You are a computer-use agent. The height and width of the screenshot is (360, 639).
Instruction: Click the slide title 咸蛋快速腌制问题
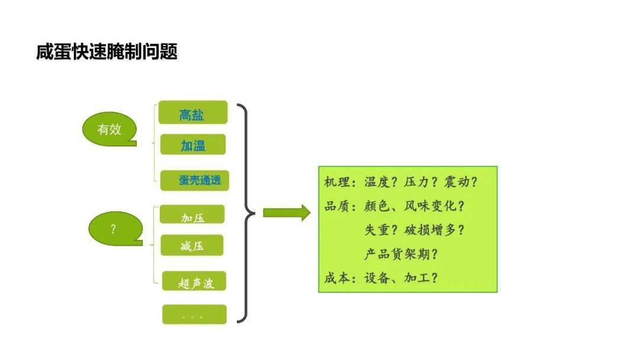point(106,52)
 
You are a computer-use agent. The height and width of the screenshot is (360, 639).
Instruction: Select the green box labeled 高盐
point(193,112)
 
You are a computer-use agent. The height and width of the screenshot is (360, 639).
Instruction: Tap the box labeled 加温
point(193,144)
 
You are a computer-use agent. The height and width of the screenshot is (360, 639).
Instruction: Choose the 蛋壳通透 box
point(195,180)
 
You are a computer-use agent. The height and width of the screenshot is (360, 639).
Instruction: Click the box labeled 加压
point(192,214)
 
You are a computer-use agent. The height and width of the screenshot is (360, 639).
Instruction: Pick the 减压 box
point(192,245)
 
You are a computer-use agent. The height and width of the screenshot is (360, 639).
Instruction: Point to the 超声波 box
point(194,281)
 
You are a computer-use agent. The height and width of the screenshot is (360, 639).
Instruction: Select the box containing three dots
point(195,314)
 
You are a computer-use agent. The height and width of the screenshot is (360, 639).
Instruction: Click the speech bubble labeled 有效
point(109,129)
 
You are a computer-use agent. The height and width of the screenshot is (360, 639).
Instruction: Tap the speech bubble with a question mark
point(115,229)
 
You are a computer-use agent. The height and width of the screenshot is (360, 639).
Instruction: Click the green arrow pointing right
point(286,213)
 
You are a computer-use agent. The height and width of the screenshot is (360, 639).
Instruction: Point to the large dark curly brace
point(246,213)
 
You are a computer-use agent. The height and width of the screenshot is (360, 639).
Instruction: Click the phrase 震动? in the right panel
point(460,182)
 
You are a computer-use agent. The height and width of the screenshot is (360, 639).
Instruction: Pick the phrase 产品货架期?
point(401,254)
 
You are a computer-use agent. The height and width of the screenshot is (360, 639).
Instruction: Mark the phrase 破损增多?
point(434,230)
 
